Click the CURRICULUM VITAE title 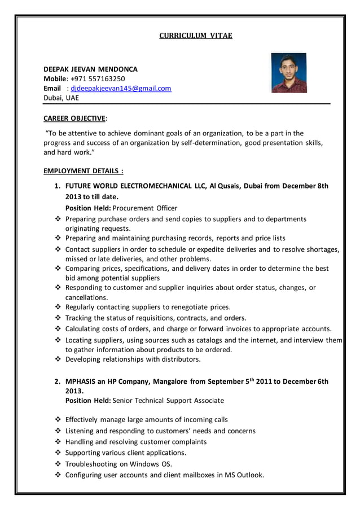coord(195,36)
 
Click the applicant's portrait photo coord(288,73)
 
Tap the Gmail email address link coord(121,88)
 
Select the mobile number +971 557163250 coord(98,78)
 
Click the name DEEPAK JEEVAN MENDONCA coord(90,69)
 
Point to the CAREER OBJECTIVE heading coord(74,118)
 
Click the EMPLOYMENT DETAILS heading coord(84,170)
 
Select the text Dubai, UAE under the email coord(62,98)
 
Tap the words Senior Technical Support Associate coord(168,400)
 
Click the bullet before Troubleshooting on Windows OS coord(58,464)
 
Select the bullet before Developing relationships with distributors coord(58,359)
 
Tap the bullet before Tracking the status coord(58,318)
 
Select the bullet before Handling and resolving coord(58,442)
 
